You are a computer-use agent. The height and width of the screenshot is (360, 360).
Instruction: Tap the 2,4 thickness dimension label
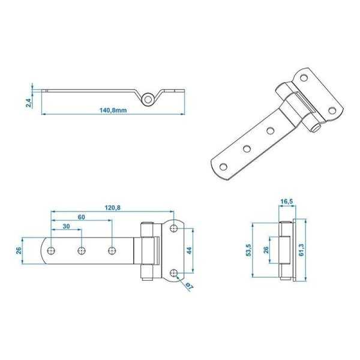point(28,102)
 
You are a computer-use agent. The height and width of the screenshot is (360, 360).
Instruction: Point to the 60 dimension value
point(80,217)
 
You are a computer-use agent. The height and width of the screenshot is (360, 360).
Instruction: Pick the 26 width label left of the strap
point(19,250)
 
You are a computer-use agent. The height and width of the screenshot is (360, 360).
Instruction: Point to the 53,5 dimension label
point(249,250)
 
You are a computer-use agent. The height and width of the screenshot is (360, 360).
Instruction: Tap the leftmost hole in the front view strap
point(52,250)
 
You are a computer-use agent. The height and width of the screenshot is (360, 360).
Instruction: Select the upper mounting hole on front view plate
point(173,228)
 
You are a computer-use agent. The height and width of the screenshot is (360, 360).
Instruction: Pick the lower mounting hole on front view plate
point(173,272)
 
